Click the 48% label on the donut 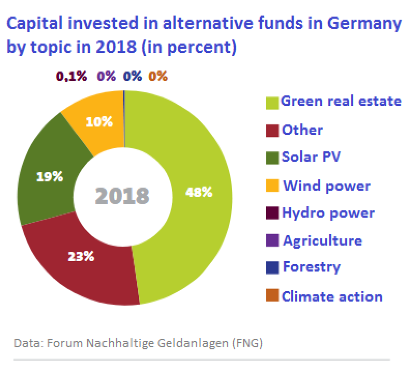[199, 192]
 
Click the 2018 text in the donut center [122, 196]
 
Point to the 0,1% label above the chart [71, 76]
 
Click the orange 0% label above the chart [158, 76]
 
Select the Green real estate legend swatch [272, 103]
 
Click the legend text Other [302, 130]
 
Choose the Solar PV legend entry [311, 157]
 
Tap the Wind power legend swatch [272, 186]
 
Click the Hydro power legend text [328, 213]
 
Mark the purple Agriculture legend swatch [272, 240]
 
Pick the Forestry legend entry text [312, 267]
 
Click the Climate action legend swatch [272, 296]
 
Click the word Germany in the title [364, 24]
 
